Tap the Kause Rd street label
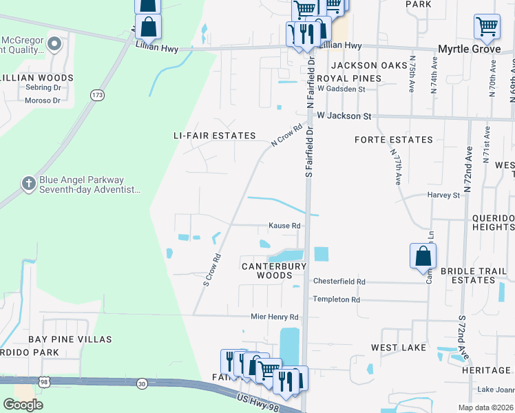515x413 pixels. (x=284, y=226)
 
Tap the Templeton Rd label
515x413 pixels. (x=336, y=299)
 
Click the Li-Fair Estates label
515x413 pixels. (x=215, y=136)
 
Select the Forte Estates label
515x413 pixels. (x=394, y=140)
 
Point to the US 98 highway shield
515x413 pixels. (x=44, y=381)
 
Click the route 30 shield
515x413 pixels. (x=141, y=383)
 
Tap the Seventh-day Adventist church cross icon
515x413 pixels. (x=28, y=183)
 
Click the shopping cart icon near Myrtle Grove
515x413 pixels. (x=487, y=26)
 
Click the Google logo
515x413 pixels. (x=23, y=404)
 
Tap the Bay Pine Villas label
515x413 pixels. (x=70, y=339)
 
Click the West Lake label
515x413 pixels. (x=399, y=348)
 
